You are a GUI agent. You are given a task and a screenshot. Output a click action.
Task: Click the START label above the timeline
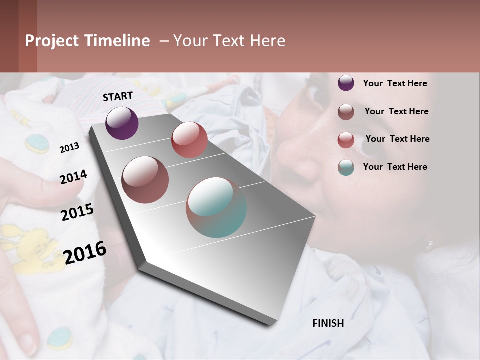(118, 96)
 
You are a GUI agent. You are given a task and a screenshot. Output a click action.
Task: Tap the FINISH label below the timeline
(328, 323)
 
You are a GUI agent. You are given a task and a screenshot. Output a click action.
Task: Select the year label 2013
(69, 148)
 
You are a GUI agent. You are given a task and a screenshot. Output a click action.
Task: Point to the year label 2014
(73, 177)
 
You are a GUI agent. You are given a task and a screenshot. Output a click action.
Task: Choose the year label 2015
(77, 212)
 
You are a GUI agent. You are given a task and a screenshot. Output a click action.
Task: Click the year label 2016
(85, 253)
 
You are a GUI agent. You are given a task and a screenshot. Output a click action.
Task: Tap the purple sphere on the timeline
(122, 123)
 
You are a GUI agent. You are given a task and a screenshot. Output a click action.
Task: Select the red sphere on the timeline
(189, 140)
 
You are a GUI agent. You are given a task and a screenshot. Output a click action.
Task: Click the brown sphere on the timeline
(145, 179)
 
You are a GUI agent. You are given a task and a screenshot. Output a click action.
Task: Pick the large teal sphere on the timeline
(216, 207)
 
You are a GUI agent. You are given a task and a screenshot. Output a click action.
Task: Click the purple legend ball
(346, 83)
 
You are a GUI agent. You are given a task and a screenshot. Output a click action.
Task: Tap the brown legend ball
(346, 112)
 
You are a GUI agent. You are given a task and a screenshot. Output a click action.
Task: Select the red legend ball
(346, 140)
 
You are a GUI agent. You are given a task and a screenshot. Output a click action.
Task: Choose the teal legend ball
(346, 167)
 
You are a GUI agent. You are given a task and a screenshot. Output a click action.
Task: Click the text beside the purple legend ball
(395, 83)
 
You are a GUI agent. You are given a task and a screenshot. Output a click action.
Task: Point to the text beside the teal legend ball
(395, 167)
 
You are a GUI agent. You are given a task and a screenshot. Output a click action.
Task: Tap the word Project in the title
(52, 41)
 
